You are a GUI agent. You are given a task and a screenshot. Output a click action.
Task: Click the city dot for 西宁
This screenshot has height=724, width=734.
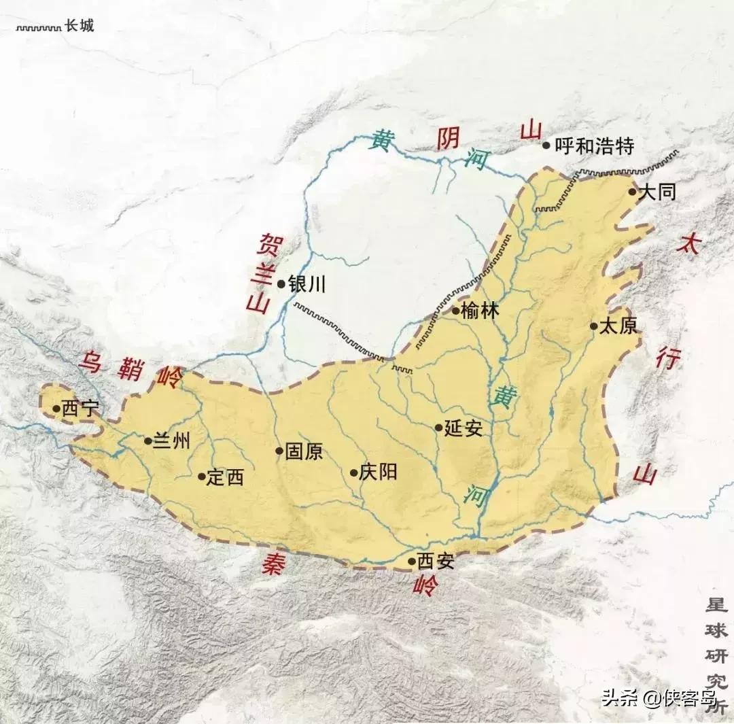click(56, 409)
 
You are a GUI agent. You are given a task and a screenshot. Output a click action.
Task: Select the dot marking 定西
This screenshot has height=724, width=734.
click(202, 477)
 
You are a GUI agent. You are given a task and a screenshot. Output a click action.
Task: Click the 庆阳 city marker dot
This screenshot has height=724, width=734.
click(353, 472)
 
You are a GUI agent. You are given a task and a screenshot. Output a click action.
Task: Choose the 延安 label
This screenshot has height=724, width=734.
click(464, 428)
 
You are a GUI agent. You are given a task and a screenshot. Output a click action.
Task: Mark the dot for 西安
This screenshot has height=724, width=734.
click(412, 562)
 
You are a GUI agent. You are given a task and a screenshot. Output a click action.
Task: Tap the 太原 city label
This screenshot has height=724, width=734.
click(618, 326)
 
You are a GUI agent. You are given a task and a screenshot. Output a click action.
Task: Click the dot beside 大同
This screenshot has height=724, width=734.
click(632, 192)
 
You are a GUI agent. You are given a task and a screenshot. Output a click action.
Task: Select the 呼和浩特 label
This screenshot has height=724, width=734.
click(594, 145)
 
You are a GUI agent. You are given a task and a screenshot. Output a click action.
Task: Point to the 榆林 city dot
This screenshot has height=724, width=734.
click(456, 311)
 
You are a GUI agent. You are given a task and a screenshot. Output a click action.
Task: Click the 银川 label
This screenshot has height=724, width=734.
click(307, 283)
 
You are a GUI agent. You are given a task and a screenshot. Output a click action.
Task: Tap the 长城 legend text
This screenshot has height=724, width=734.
click(79, 27)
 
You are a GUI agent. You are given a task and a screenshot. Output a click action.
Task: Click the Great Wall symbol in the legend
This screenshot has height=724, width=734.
click(38, 28)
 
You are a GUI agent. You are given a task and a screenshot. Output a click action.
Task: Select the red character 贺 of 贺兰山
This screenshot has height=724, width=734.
click(264, 243)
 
